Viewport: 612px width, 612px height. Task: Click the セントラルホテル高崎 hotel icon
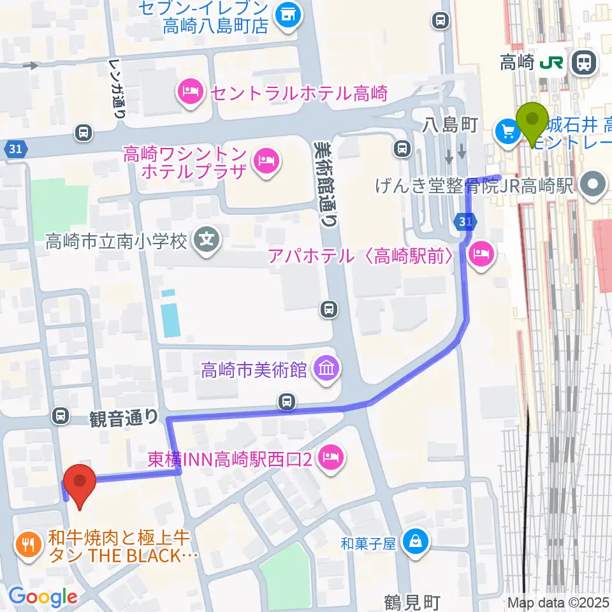coord(191,93)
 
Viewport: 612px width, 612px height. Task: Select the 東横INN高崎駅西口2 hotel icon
coord(331,456)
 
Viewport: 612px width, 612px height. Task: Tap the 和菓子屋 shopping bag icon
coord(416,543)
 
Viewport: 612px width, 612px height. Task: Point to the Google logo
coord(43,596)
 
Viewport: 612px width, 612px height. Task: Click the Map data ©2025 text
coord(558,602)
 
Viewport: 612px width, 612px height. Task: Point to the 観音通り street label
coord(122,418)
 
